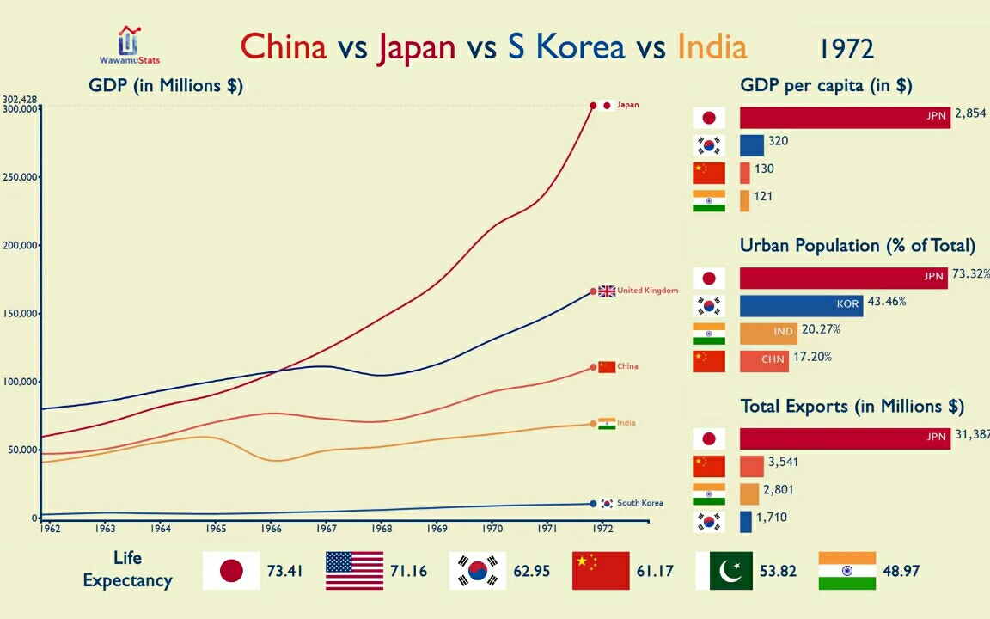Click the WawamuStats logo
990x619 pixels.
tap(129, 45)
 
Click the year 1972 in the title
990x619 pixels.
tap(846, 49)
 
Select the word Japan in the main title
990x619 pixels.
tap(416, 46)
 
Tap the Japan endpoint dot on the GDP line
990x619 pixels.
tap(593, 106)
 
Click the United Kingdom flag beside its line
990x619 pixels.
tap(607, 291)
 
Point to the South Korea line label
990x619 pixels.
tap(639, 503)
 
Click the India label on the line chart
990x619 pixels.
tap(626, 423)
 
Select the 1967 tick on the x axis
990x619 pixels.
tap(326, 528)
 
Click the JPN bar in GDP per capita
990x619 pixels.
tap(845, 118)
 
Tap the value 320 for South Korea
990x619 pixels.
tap(778, 141)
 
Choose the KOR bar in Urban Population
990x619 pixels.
tap(801, 306)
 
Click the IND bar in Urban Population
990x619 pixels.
tap(768, 334)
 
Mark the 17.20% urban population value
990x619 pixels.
tap(813, 357)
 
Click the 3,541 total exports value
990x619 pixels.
tap(784, 463)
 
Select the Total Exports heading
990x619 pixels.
tap(852, 406)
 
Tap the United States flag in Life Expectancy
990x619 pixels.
tap(354, 571)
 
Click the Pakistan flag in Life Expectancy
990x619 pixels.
tap(724, 571)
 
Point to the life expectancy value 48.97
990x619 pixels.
tap(900, 571)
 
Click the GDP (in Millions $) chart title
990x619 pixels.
tap(166, 85)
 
